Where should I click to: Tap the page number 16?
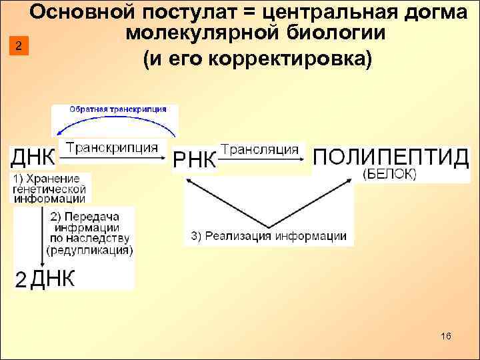[x=446, y=337]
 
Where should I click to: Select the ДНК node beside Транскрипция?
[x=32, y=157]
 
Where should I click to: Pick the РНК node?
[x=195, y=161]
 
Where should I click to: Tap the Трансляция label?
[x=259, y=149]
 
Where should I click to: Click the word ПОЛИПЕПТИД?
[x=391, y=157]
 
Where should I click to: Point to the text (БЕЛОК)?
[x=389, y=174]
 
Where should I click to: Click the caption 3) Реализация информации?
[x=269, y=235]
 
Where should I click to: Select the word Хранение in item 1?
[x=55, y=179]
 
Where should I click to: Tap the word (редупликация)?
[x=90, y=251]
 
